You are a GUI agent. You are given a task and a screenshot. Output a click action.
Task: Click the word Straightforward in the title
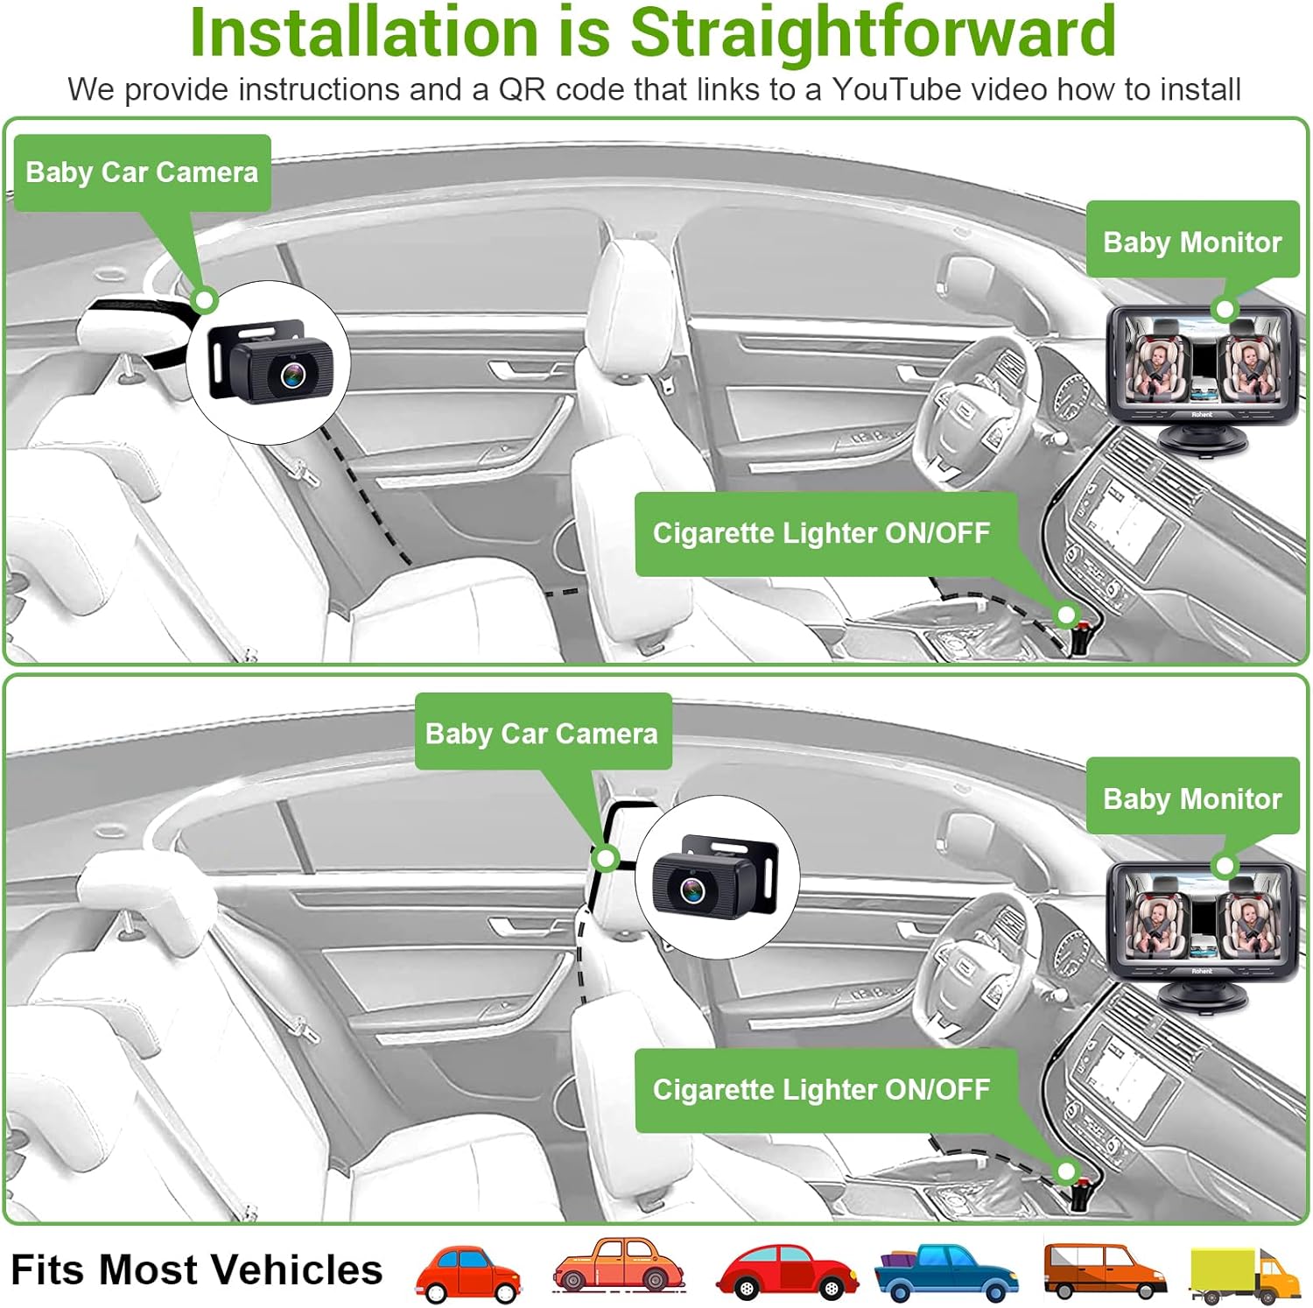(873, 32)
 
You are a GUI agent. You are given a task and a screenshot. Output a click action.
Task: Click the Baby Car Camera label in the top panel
(142, 172)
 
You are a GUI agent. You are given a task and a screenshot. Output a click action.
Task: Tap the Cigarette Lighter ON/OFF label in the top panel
(821, 532)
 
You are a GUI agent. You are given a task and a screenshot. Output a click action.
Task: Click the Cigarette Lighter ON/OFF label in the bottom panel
(821, 1089)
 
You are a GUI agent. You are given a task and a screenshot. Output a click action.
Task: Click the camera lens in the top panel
(294, 374)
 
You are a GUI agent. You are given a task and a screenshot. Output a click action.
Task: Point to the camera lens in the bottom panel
(692, 890)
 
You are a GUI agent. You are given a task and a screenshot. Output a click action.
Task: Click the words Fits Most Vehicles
(196, 1269)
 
